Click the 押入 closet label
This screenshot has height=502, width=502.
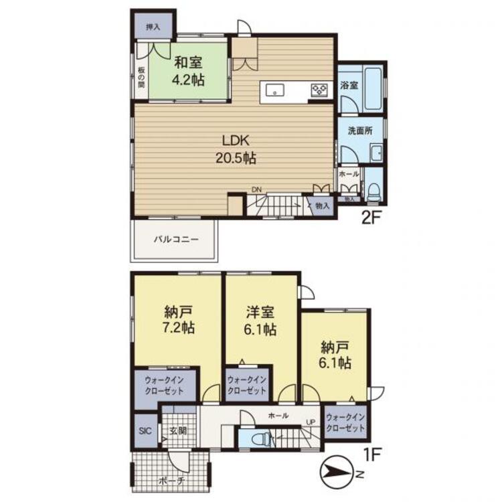click(x=153, y=27)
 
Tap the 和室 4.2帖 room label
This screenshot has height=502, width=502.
click(x=188, y=72)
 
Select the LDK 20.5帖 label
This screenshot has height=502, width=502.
click(x=236, y=149)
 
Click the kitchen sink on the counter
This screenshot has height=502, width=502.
click(x=274, y=89)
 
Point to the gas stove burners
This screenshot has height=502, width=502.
click(x=319, y=90)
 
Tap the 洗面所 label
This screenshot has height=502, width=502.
click(x=360, y=131)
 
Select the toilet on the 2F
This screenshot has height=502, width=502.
click(x=373, y=192)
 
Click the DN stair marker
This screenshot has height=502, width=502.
click(x=256, y=189)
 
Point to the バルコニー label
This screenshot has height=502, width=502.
click(x=177, y=239)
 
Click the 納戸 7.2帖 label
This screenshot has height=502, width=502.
click(x=179, y=319)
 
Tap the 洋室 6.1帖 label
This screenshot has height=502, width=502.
click(x=260, y=321)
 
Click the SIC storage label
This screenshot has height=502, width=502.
click(x=145, y=430)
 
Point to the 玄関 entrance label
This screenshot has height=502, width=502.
click(x=178, y=430)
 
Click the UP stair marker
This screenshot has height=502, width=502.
click(x=311, y=422)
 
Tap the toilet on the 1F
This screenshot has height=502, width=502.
click(x=261, y=438)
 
